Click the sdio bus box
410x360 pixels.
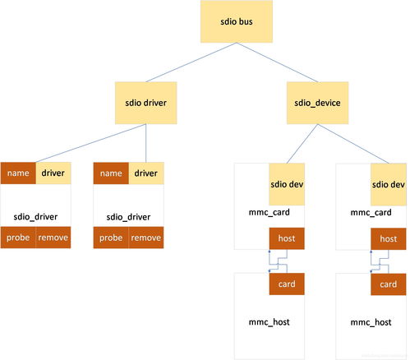tap(237, 21)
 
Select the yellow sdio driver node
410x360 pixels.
tap(145, 103)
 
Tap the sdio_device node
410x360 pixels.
tap(317, 103)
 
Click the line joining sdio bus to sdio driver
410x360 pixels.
tap(191, 62)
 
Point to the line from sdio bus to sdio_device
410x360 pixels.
tap(277, 62)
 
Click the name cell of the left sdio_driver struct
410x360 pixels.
tap(18, 173)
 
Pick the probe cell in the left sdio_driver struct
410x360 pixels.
tap(18, 238)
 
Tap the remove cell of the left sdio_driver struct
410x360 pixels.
tap(53, 238)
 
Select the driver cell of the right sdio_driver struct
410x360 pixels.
tap(146, 173)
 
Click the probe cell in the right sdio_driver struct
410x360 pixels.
tap(111, 238)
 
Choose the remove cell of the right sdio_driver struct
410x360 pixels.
tap(146, 238)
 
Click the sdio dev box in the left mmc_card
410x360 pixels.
tap(287, 184)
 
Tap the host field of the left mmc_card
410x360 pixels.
tap(287, 238)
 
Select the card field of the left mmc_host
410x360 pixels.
tap(287, 284)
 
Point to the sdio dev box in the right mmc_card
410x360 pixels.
tap(389, 184)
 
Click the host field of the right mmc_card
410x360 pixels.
tap(389, 239)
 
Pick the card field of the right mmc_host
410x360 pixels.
tap(389, 284)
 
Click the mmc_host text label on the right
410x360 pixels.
tap(371, 322)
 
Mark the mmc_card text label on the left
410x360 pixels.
tap(269, 212)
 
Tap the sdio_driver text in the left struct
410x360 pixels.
tap(35, 217)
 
